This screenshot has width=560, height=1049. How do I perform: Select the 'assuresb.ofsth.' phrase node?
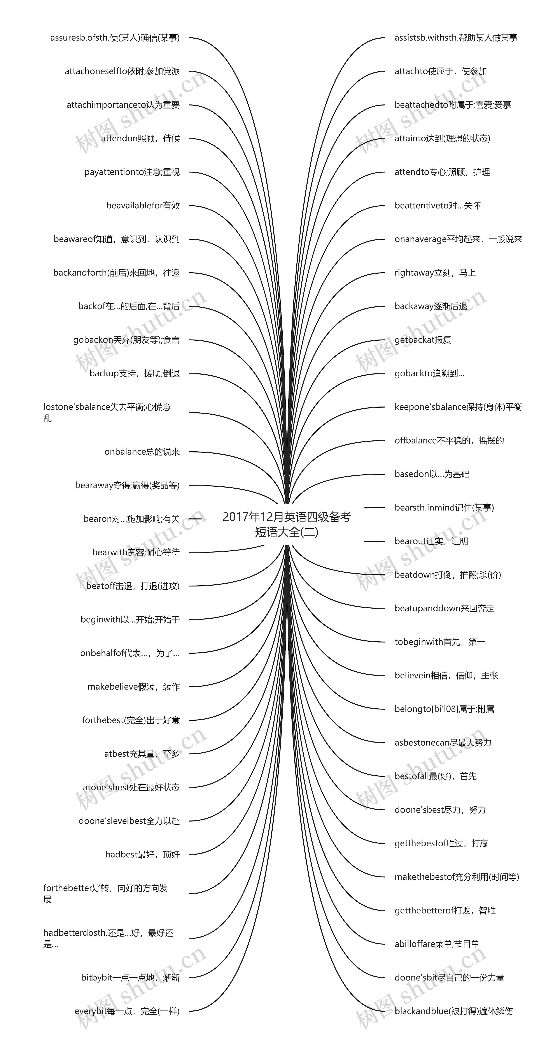click(115, 38)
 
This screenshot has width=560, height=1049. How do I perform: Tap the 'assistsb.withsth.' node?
click(456, 38)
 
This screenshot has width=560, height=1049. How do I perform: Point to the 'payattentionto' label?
click(132, 172)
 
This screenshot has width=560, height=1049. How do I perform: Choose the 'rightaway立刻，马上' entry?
click(435, 273)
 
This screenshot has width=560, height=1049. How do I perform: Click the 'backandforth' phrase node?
click(116, 273)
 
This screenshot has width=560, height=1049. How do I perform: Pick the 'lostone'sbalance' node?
click(107, 412)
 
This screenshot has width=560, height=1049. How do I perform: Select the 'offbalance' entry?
click(449, 441)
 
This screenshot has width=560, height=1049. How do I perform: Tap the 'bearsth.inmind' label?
click(444, 508)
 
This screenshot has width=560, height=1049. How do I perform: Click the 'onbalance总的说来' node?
click(142, 452)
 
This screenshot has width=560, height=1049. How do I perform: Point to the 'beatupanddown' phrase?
click(444, 608)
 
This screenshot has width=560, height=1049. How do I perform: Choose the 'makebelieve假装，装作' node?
click(133, 686)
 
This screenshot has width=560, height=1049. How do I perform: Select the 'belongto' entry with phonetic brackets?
click(444, 709)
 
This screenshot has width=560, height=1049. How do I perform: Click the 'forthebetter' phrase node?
click(106, 893)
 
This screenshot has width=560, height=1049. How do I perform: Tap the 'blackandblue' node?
click(453, 1011)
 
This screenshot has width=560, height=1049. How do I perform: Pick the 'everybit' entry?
click(127, 1011)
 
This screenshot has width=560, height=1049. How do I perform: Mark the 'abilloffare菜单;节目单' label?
click(437, 944)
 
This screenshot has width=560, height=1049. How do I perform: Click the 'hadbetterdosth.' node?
click(108, 938)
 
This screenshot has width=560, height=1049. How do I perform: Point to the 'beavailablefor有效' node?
click(143, 206)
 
